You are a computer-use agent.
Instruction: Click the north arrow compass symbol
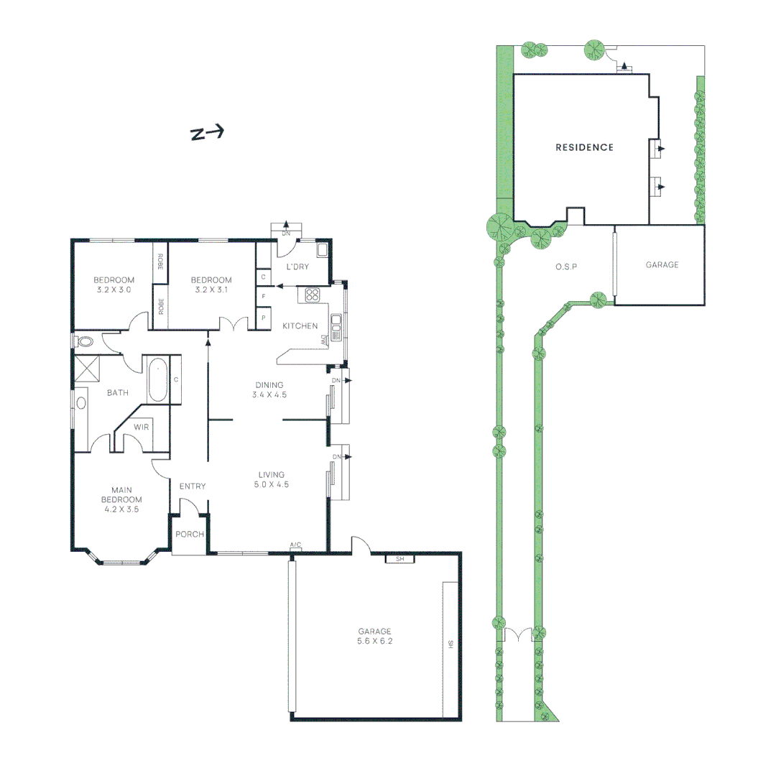point(207,133)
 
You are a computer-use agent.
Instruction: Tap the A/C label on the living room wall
point(295,545)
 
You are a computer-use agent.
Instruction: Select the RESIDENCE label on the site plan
point(585,147)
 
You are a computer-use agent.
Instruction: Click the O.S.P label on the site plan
point(567,267)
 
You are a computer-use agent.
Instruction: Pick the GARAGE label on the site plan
point(661,265)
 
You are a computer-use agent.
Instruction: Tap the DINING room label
point(269,385)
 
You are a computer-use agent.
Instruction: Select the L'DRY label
point(297,267)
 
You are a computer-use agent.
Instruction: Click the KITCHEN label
point(300,326)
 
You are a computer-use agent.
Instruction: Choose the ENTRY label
point(193,486)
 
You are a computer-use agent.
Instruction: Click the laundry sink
point(322,251)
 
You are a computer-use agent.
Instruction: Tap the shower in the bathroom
point(88,369)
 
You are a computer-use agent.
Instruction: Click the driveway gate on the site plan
point(517,635)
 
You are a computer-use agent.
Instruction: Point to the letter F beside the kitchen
point(264,296)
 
